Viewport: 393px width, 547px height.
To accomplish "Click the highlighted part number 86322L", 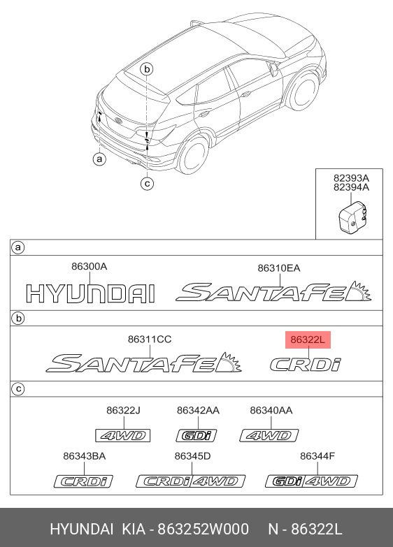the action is (308, 340).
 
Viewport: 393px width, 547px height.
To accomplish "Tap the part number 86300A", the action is (89, 267).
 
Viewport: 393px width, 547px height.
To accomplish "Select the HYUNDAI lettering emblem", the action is (90, 293).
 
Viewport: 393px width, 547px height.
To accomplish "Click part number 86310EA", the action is (279, 268).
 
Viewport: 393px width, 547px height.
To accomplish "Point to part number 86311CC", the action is (150, 339).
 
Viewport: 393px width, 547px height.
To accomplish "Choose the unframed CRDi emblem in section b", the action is (306, 365).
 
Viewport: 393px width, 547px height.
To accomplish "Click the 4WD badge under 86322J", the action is (123, 436).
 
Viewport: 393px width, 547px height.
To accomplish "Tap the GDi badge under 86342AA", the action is (196, 436).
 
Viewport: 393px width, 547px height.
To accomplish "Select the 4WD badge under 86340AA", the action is (269, 436).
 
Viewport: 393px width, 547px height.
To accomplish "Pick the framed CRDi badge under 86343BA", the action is (83, 481).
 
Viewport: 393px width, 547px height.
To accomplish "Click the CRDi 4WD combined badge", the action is (191, 481).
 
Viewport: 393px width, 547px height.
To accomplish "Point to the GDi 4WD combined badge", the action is (312, 481).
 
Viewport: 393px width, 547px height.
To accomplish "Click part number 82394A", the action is (351, 187).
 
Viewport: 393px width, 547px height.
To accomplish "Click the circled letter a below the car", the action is (99, 159).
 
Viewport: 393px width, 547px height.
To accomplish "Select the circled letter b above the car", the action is (147, 69).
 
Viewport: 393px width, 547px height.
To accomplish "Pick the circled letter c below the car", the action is (147, 183).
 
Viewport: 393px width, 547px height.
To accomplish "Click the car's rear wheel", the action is (192, 154).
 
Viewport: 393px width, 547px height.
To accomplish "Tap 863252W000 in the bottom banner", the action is (203, 529).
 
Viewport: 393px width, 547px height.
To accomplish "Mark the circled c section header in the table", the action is (17, 388).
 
